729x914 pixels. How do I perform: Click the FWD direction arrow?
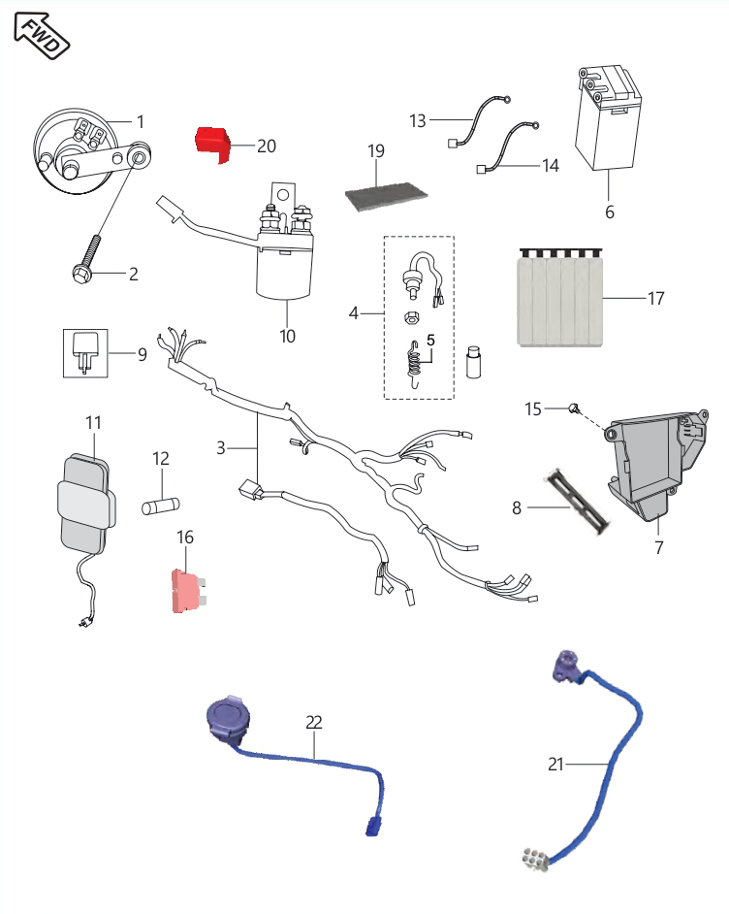[41, 36]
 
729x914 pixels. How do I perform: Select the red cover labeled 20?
[212, 145]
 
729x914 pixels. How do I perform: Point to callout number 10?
[288, 337]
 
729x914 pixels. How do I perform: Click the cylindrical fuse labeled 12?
[161, 506]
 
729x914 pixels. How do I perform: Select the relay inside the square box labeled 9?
[85, 352]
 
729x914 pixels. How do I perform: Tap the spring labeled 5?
[413, 364]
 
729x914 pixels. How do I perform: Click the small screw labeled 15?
[574, 408]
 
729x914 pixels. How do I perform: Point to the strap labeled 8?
[577, 500]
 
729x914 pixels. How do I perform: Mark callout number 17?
[656, 299]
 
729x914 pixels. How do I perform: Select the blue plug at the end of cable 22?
[372, 827]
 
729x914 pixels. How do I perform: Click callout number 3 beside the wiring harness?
[221, 447]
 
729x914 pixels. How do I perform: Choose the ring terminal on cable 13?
[507, 100]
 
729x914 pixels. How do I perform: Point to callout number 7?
[658, 548]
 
